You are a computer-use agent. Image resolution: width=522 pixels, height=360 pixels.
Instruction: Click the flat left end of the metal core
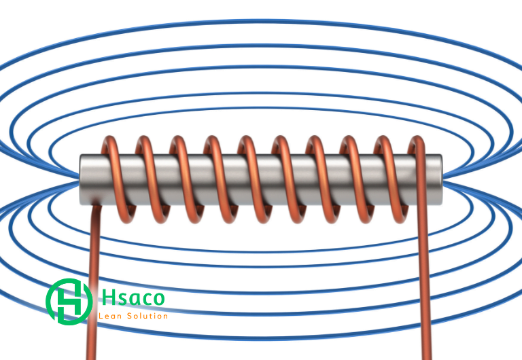pos(82,180)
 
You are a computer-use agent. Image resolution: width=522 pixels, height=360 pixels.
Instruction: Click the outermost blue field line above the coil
pos(261,22)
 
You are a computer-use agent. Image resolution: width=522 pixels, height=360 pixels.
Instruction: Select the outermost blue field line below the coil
pos(261,338)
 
